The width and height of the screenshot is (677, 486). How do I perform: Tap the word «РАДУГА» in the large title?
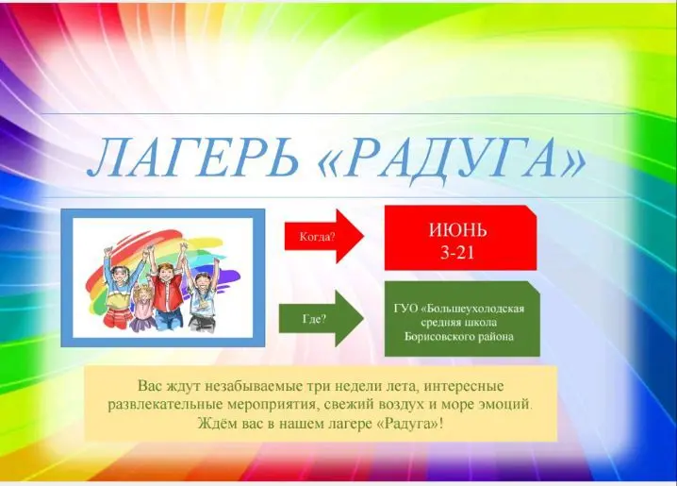(452, 158)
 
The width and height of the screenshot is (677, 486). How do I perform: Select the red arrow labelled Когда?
(324, 236)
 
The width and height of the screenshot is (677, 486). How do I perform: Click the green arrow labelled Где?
(322, 319)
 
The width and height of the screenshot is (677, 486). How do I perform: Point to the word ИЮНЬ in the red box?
(457, 230)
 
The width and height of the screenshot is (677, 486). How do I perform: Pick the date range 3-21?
(457, 252)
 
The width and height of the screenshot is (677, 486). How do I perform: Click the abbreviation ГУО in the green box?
(405, 309)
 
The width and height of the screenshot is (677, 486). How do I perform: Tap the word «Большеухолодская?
(472, 309)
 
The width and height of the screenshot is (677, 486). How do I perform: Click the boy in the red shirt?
(168, 291)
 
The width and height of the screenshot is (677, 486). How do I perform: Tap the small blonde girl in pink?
(142, 307)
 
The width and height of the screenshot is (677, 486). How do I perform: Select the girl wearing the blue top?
(118, 286)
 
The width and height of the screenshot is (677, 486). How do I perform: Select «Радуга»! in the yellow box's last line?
(410, 424)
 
